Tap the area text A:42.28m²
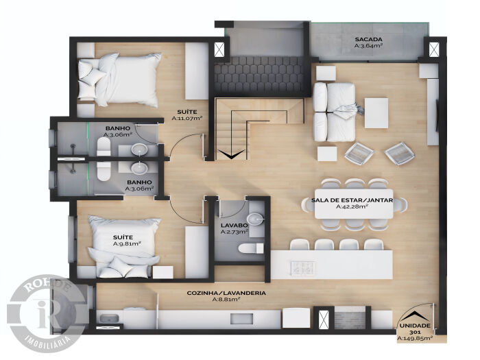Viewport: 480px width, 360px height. pos(352,206)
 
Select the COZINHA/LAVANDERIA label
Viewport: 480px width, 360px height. pos(226,293)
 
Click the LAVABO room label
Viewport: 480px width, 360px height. pos(235,226)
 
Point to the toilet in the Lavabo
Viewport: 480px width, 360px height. pos(251,248)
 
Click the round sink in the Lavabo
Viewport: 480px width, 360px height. pos(255,219)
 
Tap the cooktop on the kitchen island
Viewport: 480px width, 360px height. pos(303,268)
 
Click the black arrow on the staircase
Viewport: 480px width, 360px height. pos(232,154)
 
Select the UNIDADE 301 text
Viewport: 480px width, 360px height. pos(415,328)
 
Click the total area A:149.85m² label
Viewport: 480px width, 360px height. pos(415,338)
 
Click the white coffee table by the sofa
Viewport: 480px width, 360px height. pos(376,113)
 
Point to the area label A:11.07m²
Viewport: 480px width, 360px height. pos(187,118)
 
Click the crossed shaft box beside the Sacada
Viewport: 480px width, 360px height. pos(434,50)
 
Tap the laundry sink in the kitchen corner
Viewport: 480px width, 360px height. pos(107,318)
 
